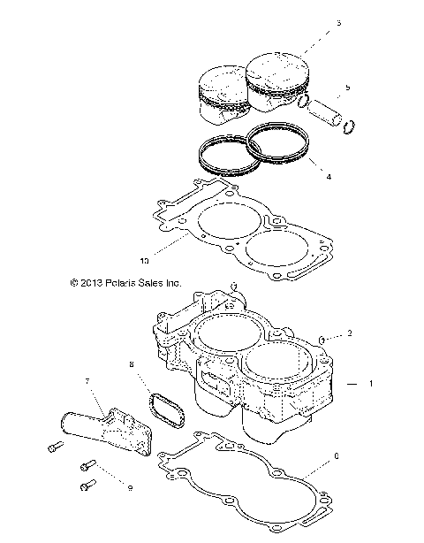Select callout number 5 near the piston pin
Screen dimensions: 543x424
coord(347,88)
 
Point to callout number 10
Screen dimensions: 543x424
coord(144,261)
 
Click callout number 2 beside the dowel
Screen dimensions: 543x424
coord(350,333)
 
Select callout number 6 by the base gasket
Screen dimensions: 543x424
coord(337,459)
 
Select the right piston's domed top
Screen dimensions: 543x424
coord(276,64)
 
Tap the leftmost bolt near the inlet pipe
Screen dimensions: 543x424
coord(49,448)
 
